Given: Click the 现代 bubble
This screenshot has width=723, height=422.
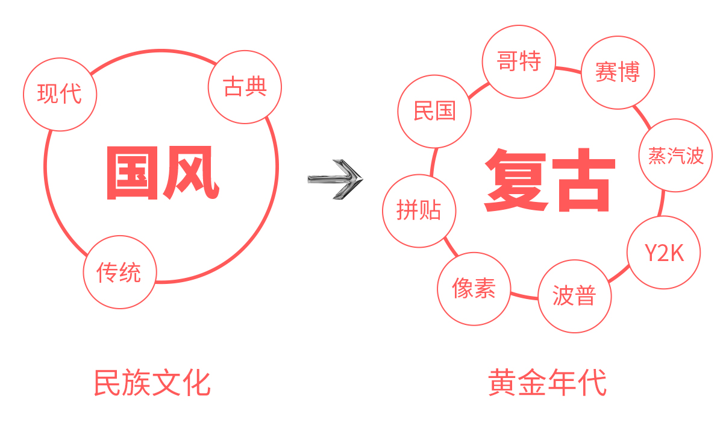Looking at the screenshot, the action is (60, 94).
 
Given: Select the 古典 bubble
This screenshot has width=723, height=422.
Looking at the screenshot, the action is (245, 87).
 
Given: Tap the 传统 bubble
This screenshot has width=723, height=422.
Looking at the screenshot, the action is (119, 272).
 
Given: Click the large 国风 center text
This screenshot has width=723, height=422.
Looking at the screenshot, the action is (161, 174).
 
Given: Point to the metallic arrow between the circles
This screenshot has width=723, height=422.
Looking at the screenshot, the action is (335, 179).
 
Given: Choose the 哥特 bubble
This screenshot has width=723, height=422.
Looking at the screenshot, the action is (519, 61).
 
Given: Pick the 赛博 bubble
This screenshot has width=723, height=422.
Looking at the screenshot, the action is (617, 72).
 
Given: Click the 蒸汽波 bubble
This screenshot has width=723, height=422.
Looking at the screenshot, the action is (675, 155).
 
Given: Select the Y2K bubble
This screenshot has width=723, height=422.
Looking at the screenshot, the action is (664, 253).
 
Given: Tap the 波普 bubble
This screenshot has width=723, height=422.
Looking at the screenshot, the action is (574, 296).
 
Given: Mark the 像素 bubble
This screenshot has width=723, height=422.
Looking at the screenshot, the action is (474, 289).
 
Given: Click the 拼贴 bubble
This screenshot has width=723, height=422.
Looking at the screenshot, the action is (419, 210).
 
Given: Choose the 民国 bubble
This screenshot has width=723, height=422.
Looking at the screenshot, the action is (434, 111).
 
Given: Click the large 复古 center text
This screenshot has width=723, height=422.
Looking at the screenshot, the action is (549, 181).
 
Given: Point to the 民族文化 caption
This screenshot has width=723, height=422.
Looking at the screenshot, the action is (152, 383).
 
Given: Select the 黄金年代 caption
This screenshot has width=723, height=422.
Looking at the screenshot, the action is (547, 383).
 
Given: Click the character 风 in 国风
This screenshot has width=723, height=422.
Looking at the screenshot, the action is (190, 174).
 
